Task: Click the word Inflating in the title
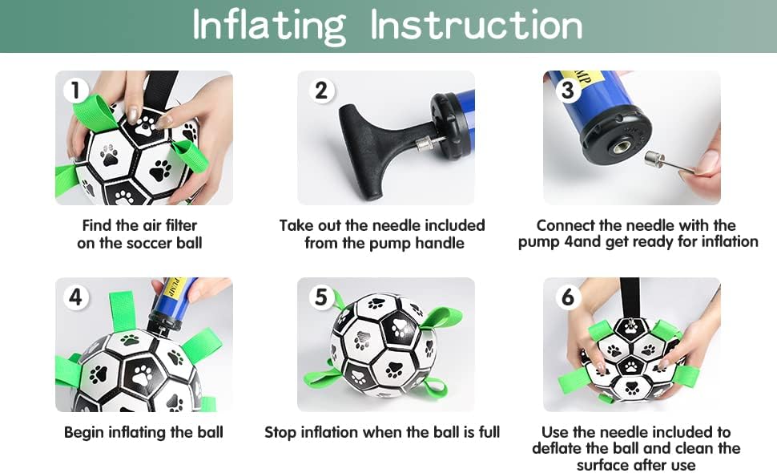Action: coord(269,26)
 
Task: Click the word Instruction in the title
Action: coord(476,25)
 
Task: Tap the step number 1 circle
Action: coord(76,91)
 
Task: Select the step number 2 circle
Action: coord(321,91)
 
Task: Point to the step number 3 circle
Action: coord(567,91)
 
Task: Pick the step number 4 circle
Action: coord(76,297)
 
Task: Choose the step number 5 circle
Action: coord(321,297)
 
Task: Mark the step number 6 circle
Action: coord(567,297)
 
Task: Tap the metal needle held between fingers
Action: coord(669,164)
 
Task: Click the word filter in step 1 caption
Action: coord(182,225)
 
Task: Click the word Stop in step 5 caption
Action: coord(281,432)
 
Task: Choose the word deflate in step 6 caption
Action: coord(557,448)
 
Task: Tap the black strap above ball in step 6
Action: coord(630,297)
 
